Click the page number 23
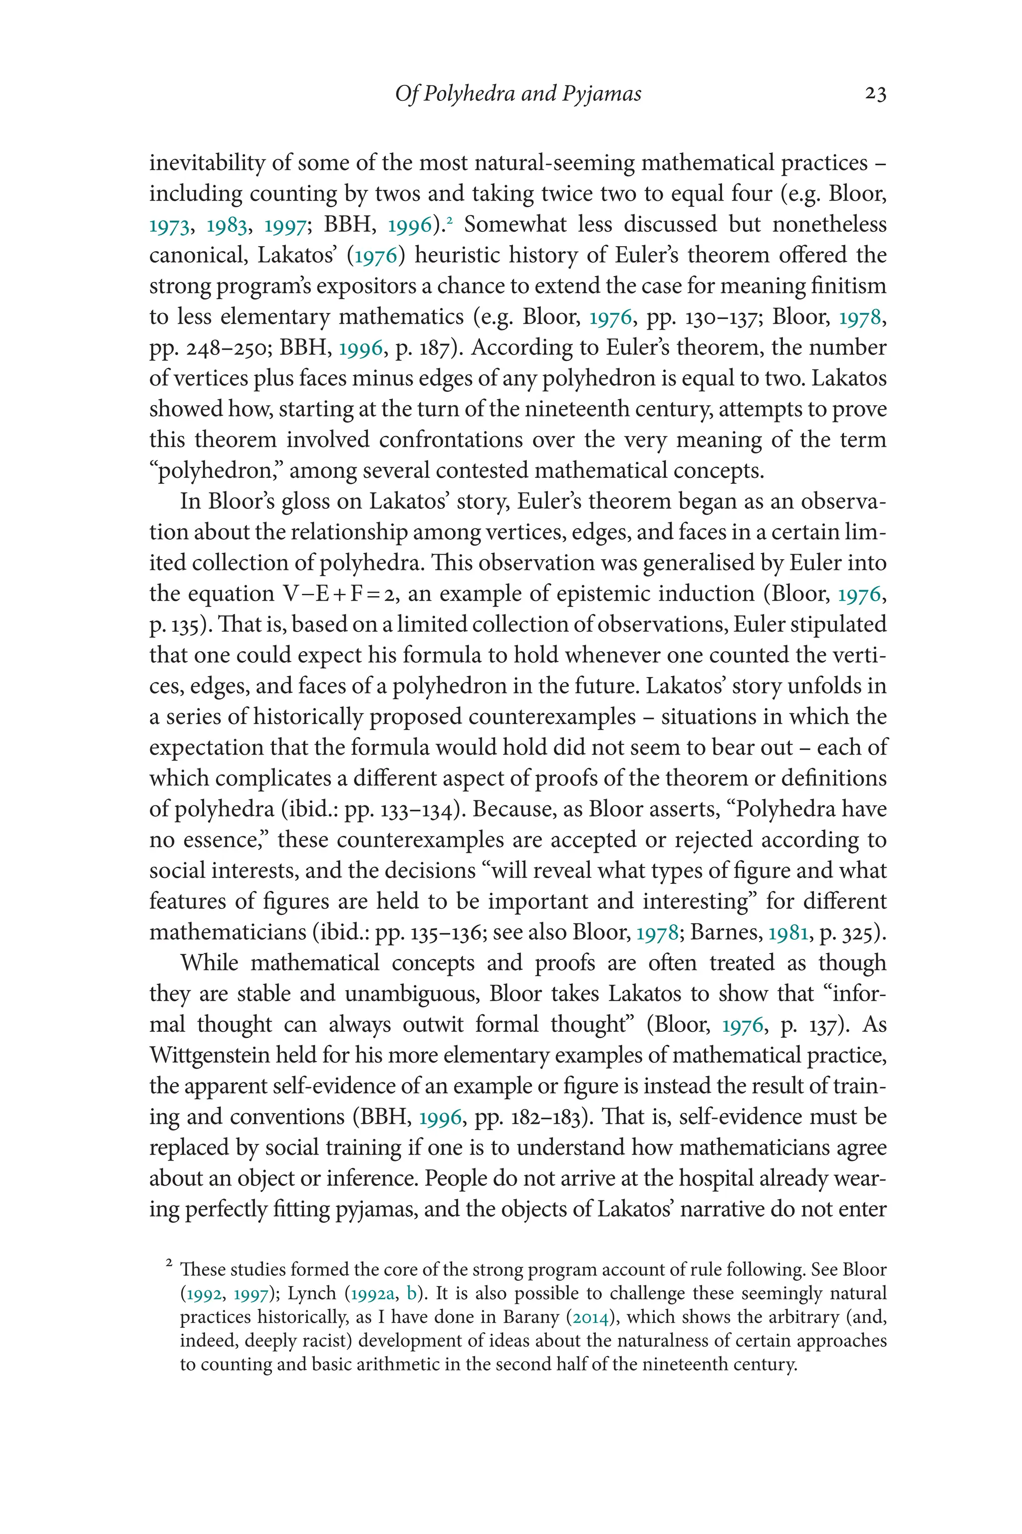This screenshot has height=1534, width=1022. tap(875, 94)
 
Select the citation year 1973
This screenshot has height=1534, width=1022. tap(170, 226)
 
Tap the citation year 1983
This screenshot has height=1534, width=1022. tap(227, 226)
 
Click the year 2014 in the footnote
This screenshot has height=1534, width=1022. tap(590, 1317)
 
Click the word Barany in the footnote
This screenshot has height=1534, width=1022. tap(530, 1317)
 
